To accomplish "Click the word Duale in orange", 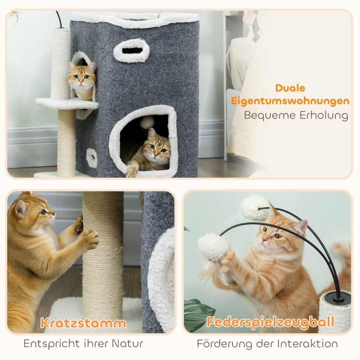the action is [290, 88].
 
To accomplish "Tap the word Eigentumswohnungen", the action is [290, 101].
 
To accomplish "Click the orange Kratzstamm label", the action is [83, 323].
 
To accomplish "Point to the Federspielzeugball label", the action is [270, 322].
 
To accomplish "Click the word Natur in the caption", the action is [127, 344].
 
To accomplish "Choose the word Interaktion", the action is [307, 344].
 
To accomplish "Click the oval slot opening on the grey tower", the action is [131, 50].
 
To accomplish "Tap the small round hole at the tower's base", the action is [92, 158].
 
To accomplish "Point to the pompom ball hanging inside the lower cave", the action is [147, 122].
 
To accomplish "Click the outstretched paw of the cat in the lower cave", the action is [132, 171].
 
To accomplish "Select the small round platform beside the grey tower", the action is [67, 103].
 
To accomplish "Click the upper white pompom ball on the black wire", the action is [254, 208].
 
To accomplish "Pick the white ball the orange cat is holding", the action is [213, 246].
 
